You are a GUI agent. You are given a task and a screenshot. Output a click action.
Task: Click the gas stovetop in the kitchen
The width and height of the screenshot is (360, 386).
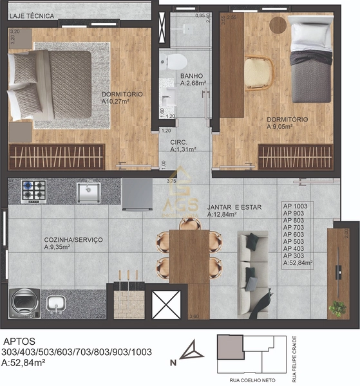pyautogui.click(x=34, y=190)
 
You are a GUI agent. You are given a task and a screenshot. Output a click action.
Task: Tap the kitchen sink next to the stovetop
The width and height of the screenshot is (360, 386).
pyautogui.click(x=88, y=191)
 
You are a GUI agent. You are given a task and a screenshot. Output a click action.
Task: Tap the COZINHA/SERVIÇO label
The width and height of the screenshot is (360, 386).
pyautogui.click(x=73, y=239)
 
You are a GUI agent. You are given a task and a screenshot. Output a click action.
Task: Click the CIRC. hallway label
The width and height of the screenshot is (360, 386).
pyautogui.click(x=178, y=142)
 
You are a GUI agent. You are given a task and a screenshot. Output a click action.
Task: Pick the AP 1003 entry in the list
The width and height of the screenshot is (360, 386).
pyautogui.click(x=296, y=206)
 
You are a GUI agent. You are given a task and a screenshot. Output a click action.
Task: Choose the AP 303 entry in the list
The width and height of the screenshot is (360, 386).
pyautogui.click(x=294, y=255)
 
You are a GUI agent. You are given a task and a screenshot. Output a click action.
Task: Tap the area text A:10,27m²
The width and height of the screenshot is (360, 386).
pyautogui.click(x=122, y=101)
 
